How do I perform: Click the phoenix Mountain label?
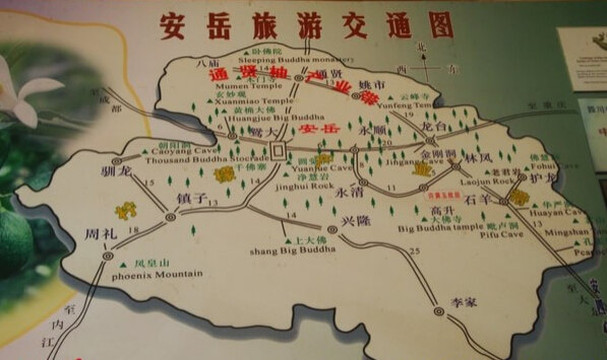click(157, 273)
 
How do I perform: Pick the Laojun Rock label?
click(487, 181)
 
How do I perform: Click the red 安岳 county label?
click(319, 131)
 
